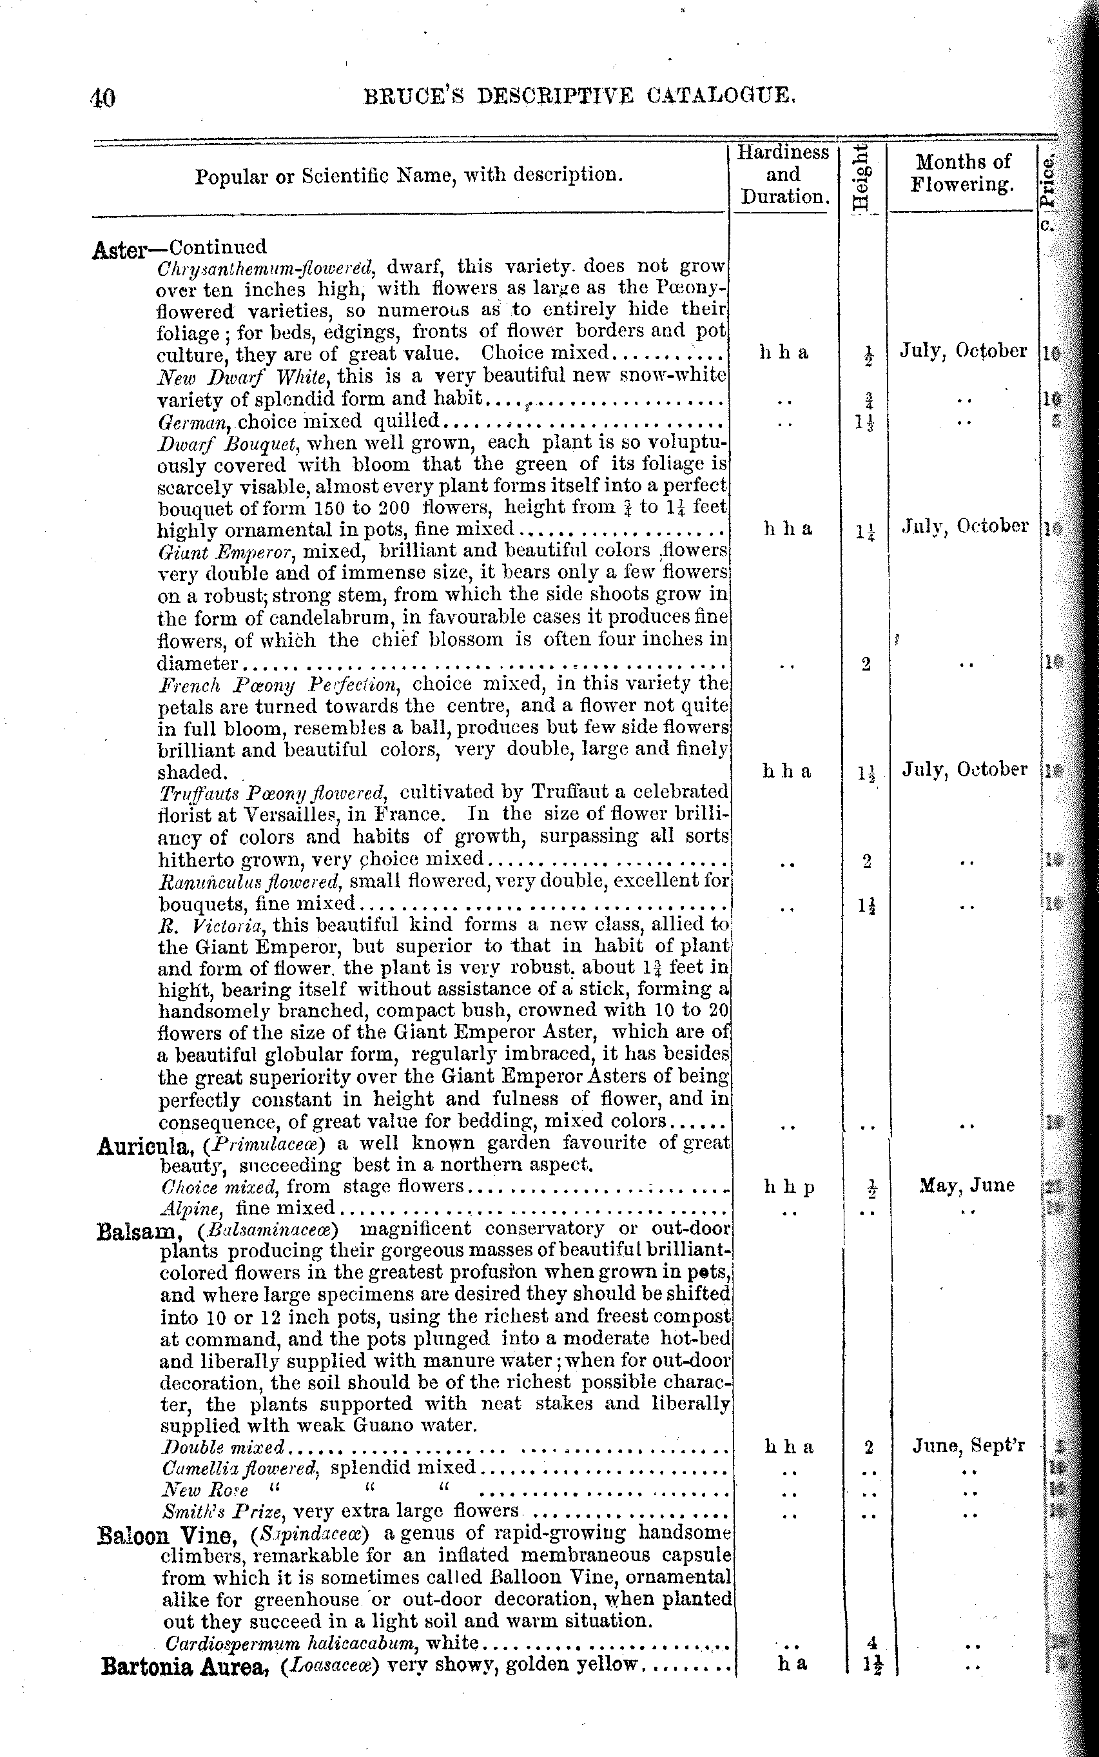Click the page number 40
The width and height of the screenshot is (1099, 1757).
(x=103, y=97)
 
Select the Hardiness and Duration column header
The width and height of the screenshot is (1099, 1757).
(x=782, y=175)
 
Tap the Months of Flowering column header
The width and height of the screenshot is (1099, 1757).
(x=962, y=173)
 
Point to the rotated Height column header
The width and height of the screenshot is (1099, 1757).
(x=861, y=177)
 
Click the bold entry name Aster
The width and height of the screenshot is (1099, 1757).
(x=120, y=250)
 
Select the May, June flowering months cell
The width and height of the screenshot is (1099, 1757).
(x=966, y=1186)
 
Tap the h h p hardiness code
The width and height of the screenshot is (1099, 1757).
(x=788, y=1187)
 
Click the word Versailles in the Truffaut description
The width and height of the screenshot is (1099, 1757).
(x=289, y=815)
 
